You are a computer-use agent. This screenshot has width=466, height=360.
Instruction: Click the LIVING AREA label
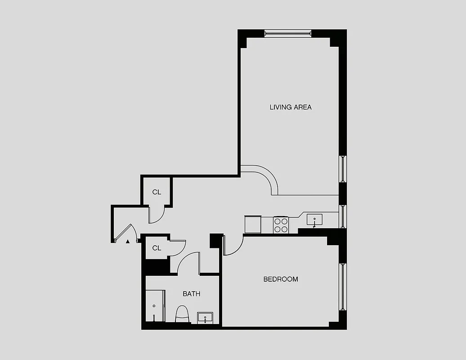[x=290, y=107]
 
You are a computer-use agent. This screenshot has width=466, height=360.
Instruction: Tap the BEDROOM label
[x=280, y=279]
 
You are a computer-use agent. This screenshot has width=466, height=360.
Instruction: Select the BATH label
[x=191, y=294]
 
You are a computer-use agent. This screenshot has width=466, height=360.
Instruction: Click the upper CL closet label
[x=156, y=192]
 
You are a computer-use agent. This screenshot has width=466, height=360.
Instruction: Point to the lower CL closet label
[x=156, y=248]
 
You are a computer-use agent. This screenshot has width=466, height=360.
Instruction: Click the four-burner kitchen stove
[x=281, y=225]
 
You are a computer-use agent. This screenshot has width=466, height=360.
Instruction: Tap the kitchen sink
[x=314, y=220]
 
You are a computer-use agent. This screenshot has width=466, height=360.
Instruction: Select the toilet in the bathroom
[x=182, y=314]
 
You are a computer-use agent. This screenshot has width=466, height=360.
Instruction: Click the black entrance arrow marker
[x=128, y=242]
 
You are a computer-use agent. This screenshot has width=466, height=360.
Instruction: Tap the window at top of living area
[x=287, y=33]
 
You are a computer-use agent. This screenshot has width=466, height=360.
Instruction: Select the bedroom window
[x=343, y=286]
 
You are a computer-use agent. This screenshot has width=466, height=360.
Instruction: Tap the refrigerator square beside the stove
[x=252, y=224]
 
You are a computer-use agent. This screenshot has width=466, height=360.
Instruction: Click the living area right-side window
[x=342, y=169]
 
